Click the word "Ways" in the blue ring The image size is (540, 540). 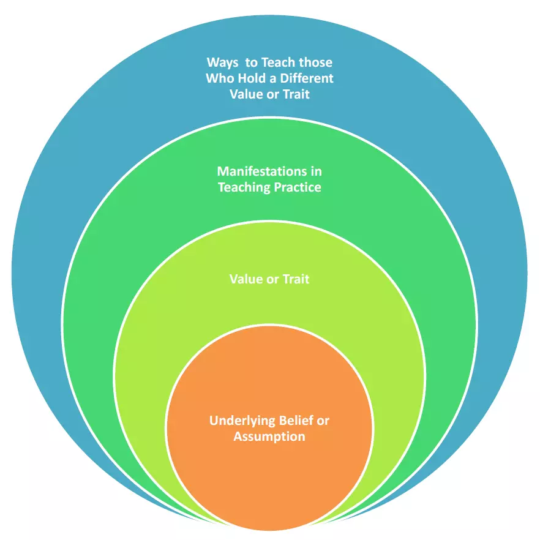click(222, 62)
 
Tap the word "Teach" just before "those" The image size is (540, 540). click(278, 62)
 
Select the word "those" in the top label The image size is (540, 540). click(315, 62)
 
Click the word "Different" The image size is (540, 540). click(307, 78)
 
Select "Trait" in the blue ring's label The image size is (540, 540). click(296, 94)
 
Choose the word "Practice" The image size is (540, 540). click(298, 187)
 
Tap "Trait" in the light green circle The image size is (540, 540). click(296, 279)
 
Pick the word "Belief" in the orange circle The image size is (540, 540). click(296, 421)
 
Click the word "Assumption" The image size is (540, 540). click(269, 437)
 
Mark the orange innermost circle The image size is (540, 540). click(269, 428)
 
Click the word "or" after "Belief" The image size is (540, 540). click(323, 421)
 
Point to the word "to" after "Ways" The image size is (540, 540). click(251, 62)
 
